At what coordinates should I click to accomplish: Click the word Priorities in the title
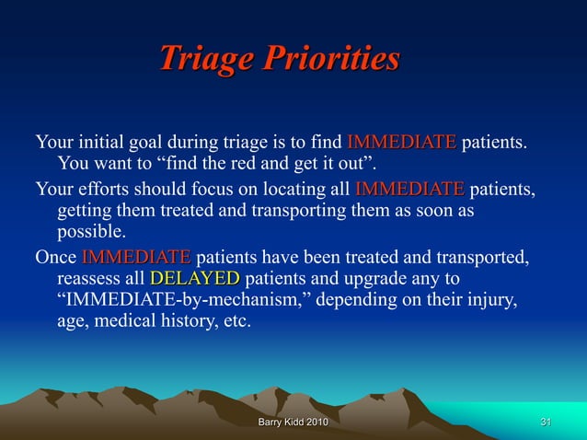pos(331,58)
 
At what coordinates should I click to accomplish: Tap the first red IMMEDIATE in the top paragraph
pos(401,143)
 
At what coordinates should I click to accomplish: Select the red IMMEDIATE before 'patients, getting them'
pos(409,190)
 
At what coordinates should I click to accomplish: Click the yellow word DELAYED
pos(194,278)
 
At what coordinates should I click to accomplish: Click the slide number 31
pos(546,422)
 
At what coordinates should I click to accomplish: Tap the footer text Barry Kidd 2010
pos(293,422)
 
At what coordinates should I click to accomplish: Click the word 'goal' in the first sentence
pos(154,143)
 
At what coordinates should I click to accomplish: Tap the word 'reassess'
pos(90,278)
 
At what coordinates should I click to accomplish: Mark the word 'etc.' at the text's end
pos(234,322)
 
